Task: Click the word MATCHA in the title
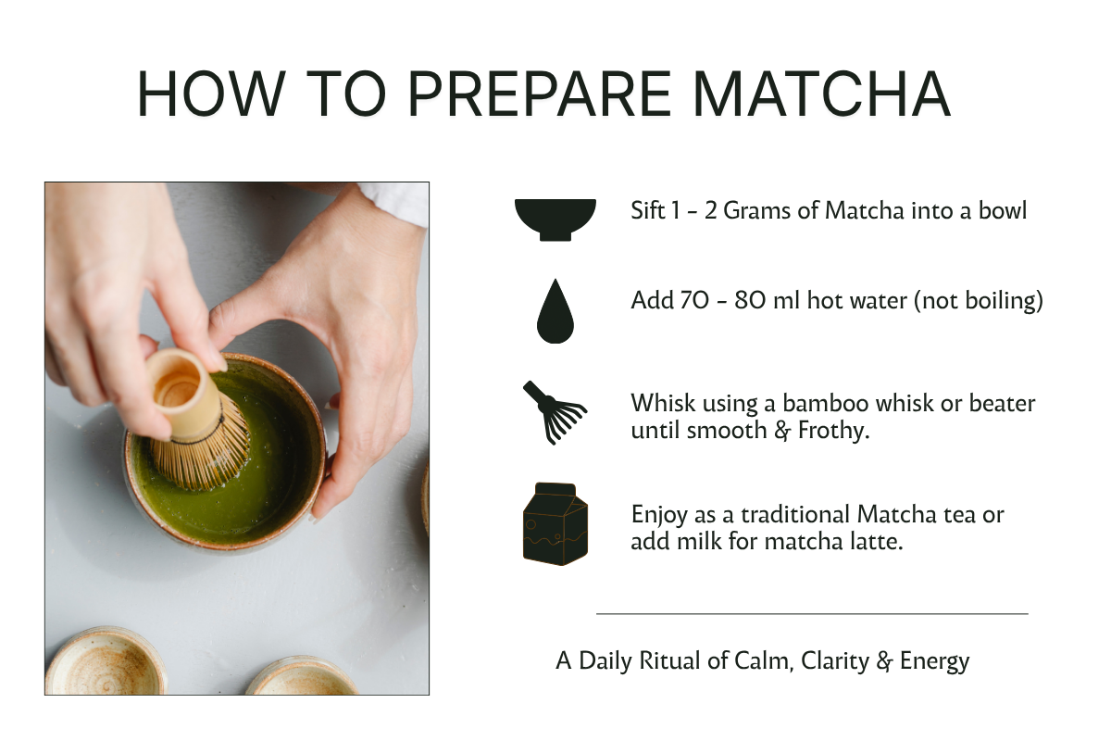(x=821, y=94)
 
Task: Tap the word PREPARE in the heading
(x=539, y=94)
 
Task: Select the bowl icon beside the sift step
(x=555, y=220)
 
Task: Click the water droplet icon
(x=555, y=311)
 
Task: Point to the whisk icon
(x=555, y=412)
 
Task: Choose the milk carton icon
(x=555, y=523)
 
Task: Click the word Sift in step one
(x=647, y=210)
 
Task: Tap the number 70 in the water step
(x=694, y=300)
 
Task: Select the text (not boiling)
(x=980, y=301)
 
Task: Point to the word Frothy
(x=834, y=431)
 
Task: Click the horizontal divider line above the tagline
(x=812, y=614)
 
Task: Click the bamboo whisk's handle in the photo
(x=183, y=392)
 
